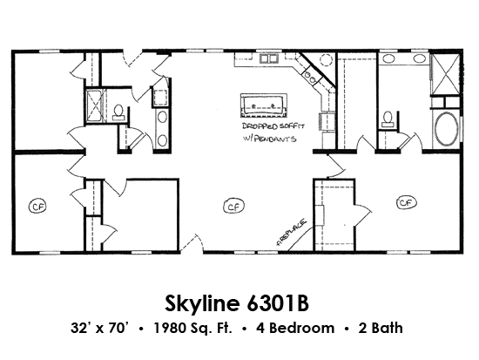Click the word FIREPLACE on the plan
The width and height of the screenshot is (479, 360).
pos(291,232)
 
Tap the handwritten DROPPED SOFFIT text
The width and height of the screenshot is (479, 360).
pos(273,126)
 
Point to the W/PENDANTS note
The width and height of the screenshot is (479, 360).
pos(269,139)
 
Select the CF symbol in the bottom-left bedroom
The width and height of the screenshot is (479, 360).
pos(37,207)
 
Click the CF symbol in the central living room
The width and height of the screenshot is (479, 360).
pos(234,207)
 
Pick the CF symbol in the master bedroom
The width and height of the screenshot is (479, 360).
pos(407,203)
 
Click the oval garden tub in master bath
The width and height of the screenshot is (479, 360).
pos(446,129)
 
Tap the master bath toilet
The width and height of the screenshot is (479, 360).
pos(388,119)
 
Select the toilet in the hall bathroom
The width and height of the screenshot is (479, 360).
pos(118,112)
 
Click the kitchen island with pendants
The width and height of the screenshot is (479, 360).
pos(264,105)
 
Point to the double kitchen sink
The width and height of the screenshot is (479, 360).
pos(268,58)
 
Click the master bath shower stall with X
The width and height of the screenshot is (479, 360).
pos(445,74)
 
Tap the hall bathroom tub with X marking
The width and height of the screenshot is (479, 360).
pos(95,105)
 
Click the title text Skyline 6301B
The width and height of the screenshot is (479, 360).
pos(237,303)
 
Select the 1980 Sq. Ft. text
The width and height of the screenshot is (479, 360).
pos(192,329)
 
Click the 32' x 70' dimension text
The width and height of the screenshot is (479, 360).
pos(98,328)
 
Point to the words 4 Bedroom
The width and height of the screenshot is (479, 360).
pos(295,329)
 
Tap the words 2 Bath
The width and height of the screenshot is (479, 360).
pos(381,329)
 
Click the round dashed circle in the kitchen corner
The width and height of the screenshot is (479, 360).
pos(326,59)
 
